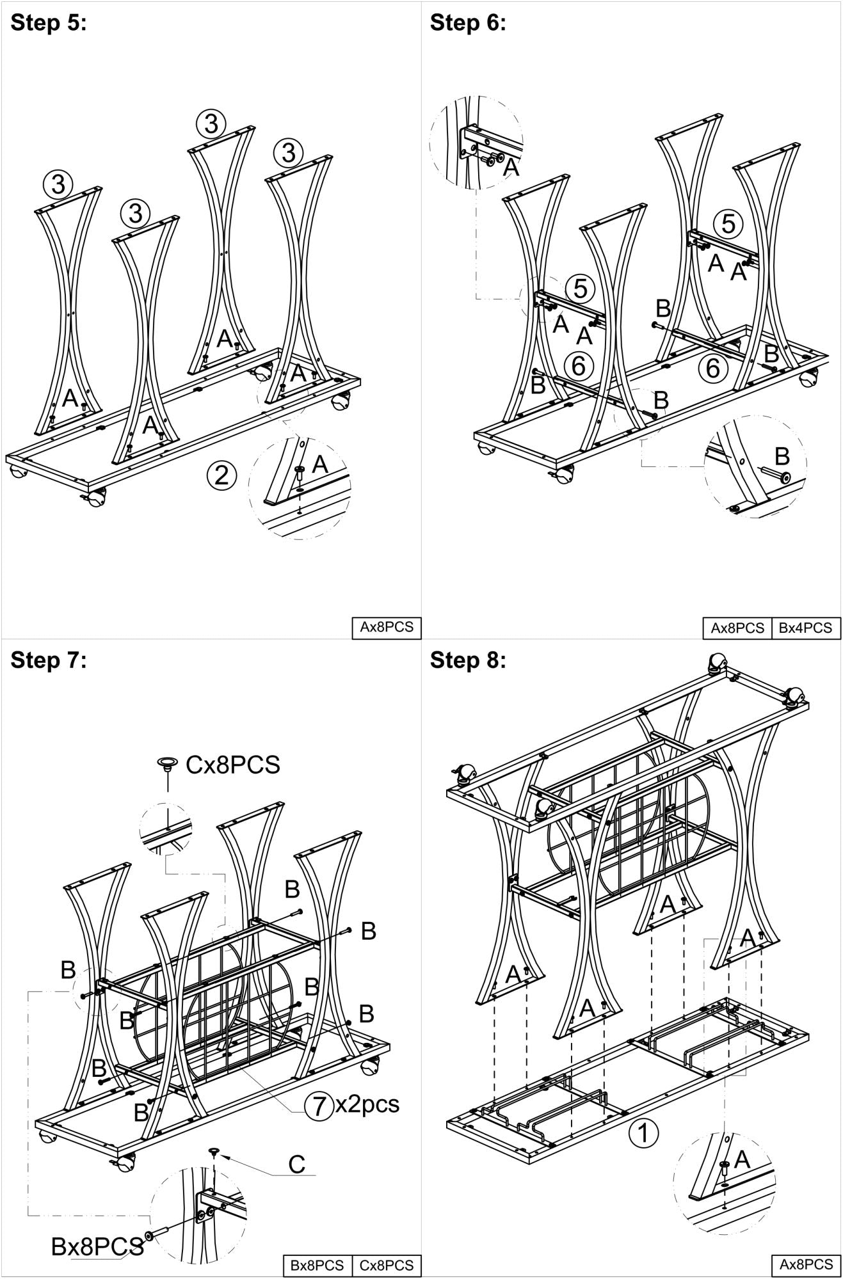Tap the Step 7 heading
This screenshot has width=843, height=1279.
coord(49,660)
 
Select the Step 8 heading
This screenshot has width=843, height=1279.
coord(468,660)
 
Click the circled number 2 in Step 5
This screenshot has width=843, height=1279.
coord(221,475)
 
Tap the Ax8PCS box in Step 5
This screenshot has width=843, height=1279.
coord(386,627)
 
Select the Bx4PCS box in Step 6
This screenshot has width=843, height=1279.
coord(806,628)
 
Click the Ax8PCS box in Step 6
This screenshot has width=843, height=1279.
coord(737,628)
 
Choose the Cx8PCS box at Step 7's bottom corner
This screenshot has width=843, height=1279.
coord(387,1265)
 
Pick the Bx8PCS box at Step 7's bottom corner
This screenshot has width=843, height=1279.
coord(317,1265)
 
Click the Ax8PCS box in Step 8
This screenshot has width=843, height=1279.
coord(806,1264)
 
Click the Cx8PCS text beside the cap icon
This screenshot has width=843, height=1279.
coord(233,765)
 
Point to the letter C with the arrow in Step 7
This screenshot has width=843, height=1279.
coord(296,1164)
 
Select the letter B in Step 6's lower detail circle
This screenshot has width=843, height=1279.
coord(782,456)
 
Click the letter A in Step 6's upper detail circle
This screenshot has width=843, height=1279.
coord(511,167)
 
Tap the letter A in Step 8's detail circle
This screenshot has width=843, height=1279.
coord(743,1160)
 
